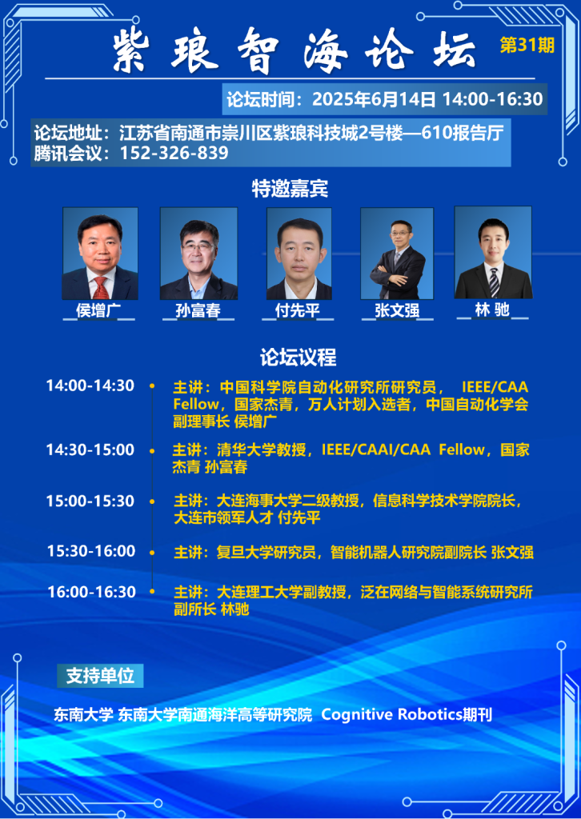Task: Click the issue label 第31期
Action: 527,46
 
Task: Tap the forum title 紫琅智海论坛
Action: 295,50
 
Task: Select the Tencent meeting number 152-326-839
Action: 174,154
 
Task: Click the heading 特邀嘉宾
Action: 290,189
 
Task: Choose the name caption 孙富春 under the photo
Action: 198,310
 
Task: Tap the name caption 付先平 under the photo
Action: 297,310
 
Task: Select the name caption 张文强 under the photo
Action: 397,310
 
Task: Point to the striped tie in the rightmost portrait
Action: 494,282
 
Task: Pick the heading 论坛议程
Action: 299,358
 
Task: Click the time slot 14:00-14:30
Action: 90,386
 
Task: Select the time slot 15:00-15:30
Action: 90,501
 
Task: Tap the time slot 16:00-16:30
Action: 91,592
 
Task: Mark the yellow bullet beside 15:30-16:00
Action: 152,552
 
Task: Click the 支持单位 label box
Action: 100,676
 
